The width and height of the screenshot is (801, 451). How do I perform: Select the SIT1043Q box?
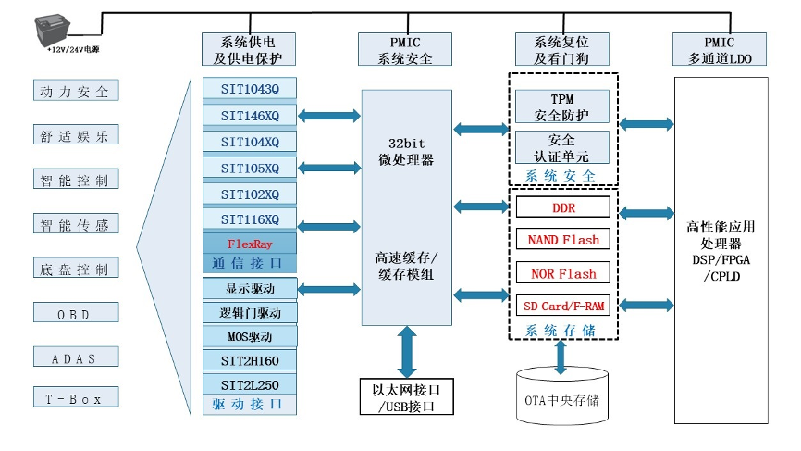coord(250,89)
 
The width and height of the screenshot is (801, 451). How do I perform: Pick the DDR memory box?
coord(563,207)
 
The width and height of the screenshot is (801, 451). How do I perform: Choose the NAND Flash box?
coord(563,240)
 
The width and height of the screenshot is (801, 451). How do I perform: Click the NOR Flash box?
coord(563,273)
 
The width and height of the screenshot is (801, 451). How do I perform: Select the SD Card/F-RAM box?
coord(563,306)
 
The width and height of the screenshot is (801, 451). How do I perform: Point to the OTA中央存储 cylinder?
coord(562,399)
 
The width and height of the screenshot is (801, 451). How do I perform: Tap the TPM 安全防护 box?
coord(562,106)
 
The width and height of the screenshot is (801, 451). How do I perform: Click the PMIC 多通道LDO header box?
coord(720,49)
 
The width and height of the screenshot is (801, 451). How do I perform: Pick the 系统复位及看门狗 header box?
coord(561,49)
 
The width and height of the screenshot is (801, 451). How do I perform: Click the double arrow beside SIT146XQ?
coord(328,116)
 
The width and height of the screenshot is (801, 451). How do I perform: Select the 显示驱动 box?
coord(250,288)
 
